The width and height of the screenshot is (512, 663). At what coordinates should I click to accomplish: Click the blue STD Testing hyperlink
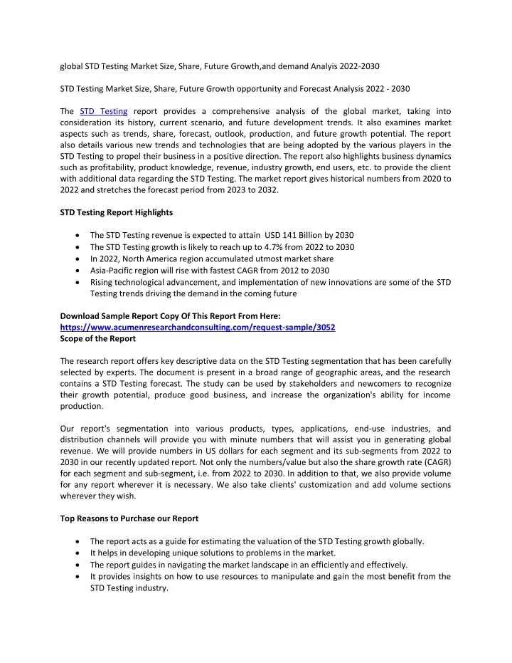click(x=104, y=111)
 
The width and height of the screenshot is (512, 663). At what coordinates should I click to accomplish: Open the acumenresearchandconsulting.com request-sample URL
click(x=198, y=327)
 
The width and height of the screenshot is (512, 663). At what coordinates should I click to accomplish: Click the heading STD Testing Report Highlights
click(x=116, y=212)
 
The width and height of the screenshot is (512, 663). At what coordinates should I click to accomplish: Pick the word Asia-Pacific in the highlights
click(x=114, y=271)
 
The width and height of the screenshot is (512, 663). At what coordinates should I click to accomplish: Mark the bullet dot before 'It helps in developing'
click(x=77, y=553)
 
